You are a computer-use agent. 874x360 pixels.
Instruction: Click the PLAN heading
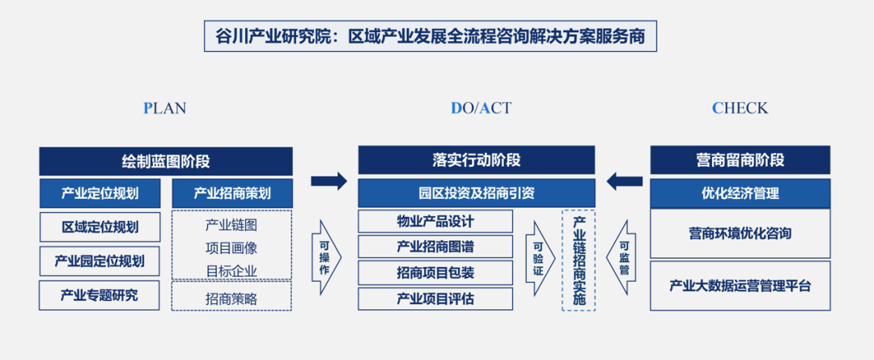click(x=165, y=108)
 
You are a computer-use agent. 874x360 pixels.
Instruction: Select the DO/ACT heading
click(x=481, y=108)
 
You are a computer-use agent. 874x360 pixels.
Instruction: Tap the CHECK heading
click(x=740, y=108)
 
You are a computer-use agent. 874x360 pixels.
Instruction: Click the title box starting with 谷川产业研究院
click(x=430, y=36)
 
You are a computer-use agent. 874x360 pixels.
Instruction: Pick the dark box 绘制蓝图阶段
click(x=166, y=161)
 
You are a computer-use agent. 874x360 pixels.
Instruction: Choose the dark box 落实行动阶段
click(x=476, y=160)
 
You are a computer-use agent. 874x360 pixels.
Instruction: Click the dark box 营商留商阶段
click(x=740, y=160)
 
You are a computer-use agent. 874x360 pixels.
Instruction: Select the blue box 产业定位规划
click(x=100, y=193)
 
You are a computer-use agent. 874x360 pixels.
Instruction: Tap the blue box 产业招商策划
click(x=232, y=193)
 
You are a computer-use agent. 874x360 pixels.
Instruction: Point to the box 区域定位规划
click(x=100, y=227)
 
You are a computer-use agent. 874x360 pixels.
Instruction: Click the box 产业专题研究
click(x=100, y=295)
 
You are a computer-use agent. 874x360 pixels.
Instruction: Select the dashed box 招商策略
click(x=231, y=298)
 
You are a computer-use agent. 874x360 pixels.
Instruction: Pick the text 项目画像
click(x=231, y=248)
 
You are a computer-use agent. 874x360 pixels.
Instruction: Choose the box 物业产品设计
click(x=435, y=221)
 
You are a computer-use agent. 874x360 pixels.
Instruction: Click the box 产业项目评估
click(x=435, y=299)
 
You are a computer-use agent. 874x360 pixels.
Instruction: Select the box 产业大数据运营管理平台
click(x=740, y=286)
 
